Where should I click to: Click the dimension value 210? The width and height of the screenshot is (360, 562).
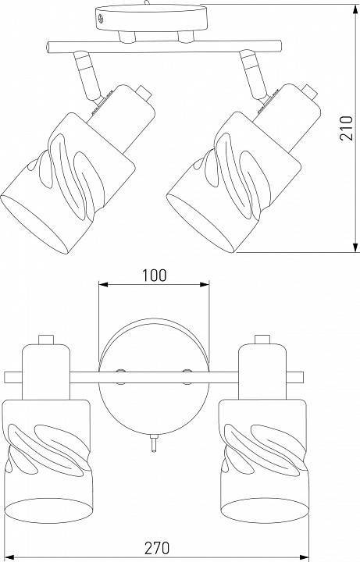click(347, 128)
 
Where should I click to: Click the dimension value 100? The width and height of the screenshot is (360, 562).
click(155, 276)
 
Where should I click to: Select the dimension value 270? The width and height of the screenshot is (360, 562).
click(157, 548)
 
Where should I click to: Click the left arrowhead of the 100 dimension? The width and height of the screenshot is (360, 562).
click(103, 285)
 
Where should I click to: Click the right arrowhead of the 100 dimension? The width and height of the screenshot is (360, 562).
click(205, 285)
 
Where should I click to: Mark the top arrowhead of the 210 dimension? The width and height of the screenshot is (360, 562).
click(355, 9)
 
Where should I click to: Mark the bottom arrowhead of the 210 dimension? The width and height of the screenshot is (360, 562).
click(355, 247)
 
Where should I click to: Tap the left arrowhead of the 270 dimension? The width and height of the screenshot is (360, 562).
click(9, 557)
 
